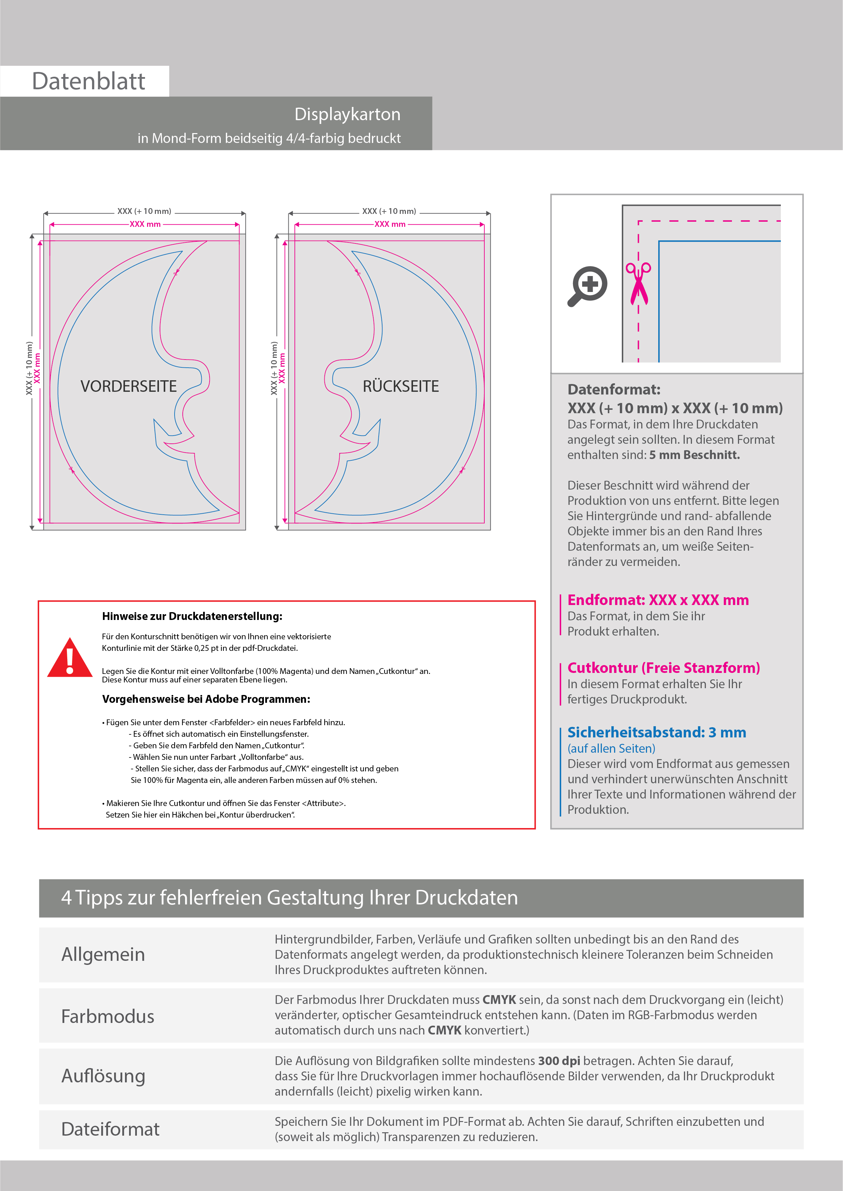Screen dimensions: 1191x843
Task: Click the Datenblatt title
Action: (88, 81)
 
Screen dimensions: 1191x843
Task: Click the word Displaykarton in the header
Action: (347, 114)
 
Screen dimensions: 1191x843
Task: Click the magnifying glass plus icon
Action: (588, 286)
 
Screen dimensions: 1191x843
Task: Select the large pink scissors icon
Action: (639, 283)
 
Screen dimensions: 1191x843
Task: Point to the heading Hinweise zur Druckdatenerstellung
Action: (192, 616)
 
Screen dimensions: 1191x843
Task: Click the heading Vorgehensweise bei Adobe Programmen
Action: (206, 699)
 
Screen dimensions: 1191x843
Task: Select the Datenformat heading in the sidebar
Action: (613, 389)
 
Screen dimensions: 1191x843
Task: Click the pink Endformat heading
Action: (658, 600)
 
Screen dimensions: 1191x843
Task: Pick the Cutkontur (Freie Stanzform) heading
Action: (663, 668)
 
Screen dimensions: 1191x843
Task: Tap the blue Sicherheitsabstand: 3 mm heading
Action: (657, 732)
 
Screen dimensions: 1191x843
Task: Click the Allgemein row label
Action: (103, 954)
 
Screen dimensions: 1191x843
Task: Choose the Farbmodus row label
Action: (107, 1016)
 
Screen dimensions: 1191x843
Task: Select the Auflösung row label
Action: (103, 1076)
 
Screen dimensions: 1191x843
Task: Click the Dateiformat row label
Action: (110, 1129)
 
